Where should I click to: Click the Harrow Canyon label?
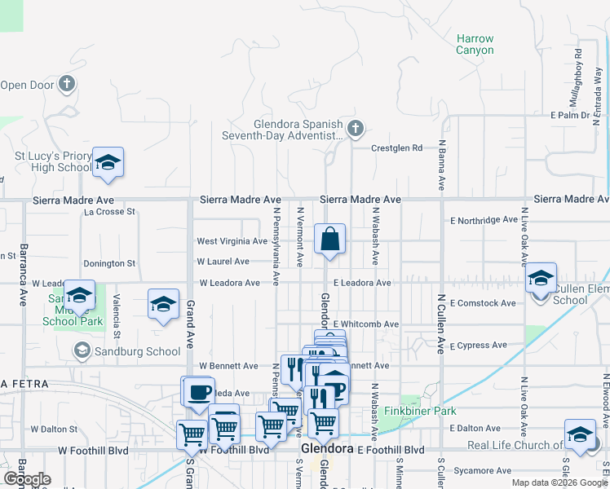(x=475, y=44)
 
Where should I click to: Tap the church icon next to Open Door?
(x=68, y=84)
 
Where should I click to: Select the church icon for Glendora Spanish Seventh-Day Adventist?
(x=355, y=128)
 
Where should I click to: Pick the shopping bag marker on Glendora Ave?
(x=330, y=240)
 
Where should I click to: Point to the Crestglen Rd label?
(x=397, y=148)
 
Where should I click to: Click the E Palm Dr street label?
(x=569, y=115)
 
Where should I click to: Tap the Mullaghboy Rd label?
(x=577, y=74)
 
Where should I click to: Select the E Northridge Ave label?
(x=484, y=220)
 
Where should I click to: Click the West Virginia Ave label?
(x=232, y=241)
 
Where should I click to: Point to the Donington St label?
(x=108, y=263)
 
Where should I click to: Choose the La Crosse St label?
(x=109, y=212)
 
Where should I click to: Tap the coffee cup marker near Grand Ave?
(x=199, y=393)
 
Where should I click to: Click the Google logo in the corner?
(x=26, y=479)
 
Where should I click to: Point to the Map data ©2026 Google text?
(x=559, y=482)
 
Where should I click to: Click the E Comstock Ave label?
(x=483, y=303)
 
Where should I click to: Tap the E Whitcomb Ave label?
(x=365, y=324)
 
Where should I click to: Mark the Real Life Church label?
(x=515, y=445)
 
